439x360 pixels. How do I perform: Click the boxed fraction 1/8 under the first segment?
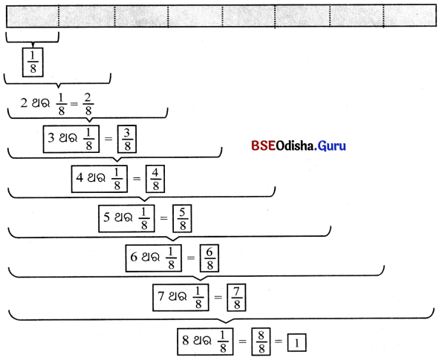tap(33, 62)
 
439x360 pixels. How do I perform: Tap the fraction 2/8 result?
tap(88, 105)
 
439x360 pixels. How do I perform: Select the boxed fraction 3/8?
tap(127, 139)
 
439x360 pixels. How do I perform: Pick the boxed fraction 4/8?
tap(155, 179)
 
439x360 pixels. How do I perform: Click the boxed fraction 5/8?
tap(182, 218)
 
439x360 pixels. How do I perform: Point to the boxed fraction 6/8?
tap(209, 258)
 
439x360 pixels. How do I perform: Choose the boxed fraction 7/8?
tap(236, 298)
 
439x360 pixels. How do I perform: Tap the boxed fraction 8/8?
tap(261, 341)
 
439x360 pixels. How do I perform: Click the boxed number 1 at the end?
tap(297, 342)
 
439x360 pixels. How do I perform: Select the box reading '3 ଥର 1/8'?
tap(71, 139)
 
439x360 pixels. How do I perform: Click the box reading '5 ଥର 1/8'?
tap(126, 218)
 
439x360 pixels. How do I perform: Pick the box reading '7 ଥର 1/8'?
tap(181, 298)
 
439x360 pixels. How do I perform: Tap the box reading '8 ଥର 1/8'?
tap(205, 341)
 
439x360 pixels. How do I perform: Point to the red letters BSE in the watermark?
tap(263, 145)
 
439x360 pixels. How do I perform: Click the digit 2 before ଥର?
tap(24, 103)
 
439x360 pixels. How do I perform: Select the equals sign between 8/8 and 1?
tap(279, 341)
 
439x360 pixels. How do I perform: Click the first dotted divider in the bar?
tap(59, 16)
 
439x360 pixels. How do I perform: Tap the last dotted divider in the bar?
tap(383, 16)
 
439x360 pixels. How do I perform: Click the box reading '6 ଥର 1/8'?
tap(154, 258)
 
